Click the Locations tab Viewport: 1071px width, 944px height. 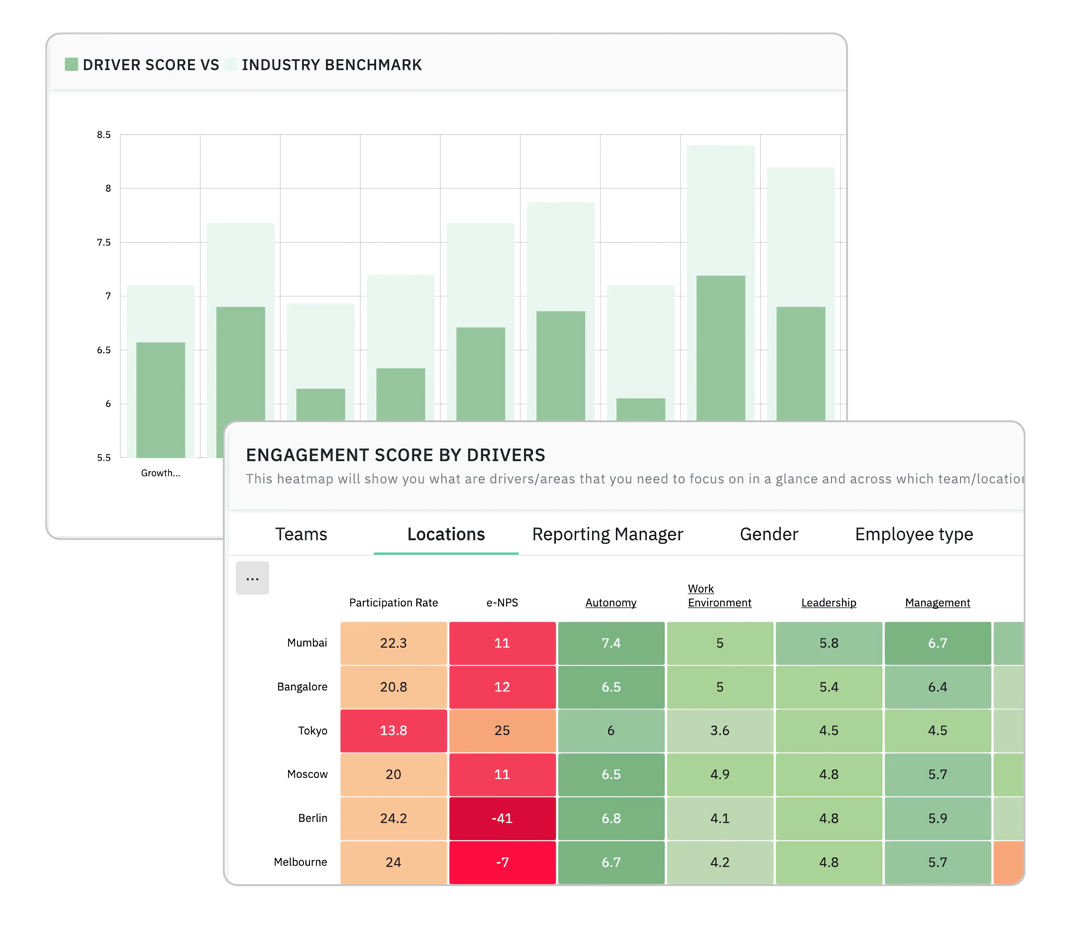pos(446,534)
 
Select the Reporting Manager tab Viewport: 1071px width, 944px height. pos(607,534)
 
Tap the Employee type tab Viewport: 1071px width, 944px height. pos(914,534)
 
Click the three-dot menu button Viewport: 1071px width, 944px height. pos(253,578)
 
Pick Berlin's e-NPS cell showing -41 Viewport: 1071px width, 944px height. pos(502,818)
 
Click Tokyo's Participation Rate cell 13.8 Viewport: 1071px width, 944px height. pos(394,731)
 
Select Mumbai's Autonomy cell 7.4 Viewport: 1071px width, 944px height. pos(611,643)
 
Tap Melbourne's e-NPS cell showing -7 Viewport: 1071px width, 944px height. pos(502,862)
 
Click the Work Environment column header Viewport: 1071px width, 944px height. pos(719,596)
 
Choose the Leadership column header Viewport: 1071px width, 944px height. pos(828,603)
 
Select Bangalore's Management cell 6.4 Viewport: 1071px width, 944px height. pos(937,687)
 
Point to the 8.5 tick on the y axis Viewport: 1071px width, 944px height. pos(104,135)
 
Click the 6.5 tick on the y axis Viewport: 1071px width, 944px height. pos(104,350)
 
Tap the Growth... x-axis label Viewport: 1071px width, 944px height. pos(160,473)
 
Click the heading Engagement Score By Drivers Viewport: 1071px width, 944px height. pos(396,455)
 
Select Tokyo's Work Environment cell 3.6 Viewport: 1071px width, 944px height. pos(719,731)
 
